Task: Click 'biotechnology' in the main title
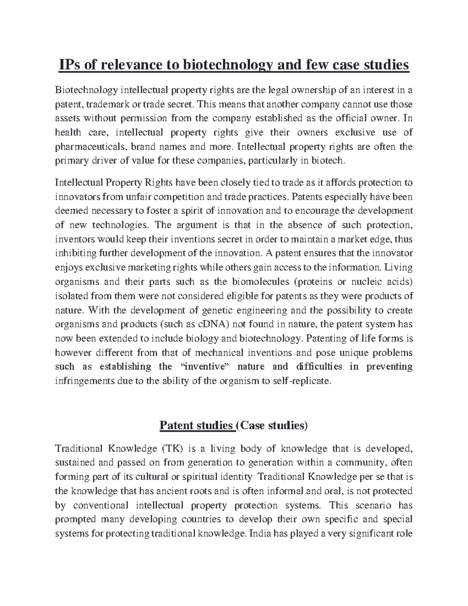(214, 65)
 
